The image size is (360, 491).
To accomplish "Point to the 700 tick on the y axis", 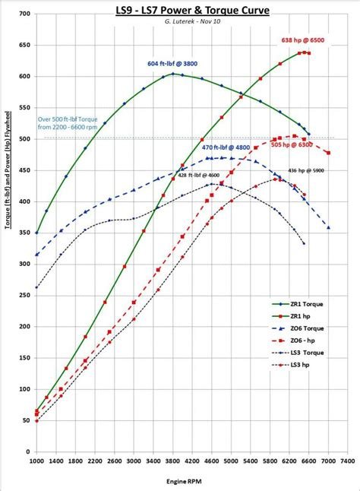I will pyautogui.click(x=24, y=14).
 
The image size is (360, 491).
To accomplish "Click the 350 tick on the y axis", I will pyautogui.click(x=24, y=233).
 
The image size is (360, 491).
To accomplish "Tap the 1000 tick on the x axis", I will pyautogui.click(x=36, y=461).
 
